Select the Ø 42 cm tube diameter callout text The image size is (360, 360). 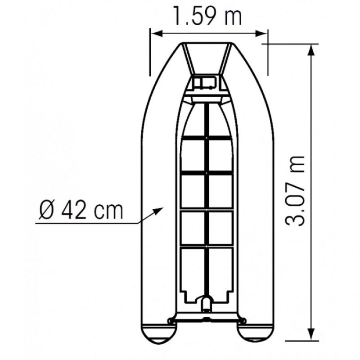[81, 210]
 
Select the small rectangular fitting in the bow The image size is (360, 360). [206, 82]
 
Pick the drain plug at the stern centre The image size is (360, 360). [207, 304]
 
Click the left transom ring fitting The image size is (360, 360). [171, 320]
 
